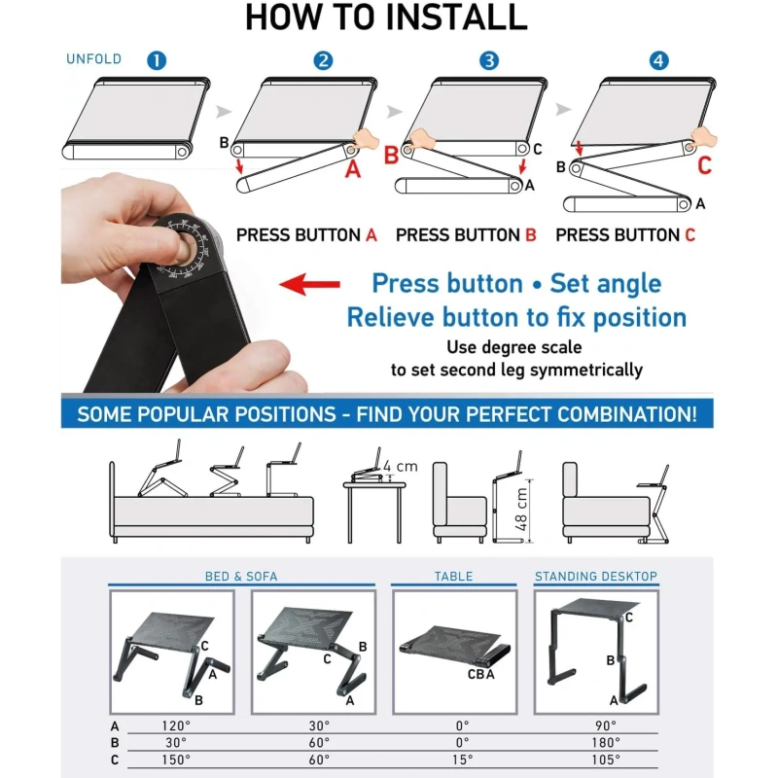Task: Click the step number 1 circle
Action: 157,60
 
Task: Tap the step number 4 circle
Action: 659,60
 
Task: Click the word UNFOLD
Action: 93,59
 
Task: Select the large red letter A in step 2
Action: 353,169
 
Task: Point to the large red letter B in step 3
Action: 391,156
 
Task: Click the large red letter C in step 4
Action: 704,165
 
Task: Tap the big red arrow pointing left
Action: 309,284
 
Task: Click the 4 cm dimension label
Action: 401,466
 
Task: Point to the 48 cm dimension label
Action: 521,509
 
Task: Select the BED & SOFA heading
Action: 241,576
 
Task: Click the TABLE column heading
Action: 453,576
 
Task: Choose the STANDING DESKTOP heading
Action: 596,576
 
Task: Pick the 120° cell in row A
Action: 176,725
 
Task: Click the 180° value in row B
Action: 606,743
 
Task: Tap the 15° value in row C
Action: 462,760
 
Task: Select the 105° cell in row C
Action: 606,760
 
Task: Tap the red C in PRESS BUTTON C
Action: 690,234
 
